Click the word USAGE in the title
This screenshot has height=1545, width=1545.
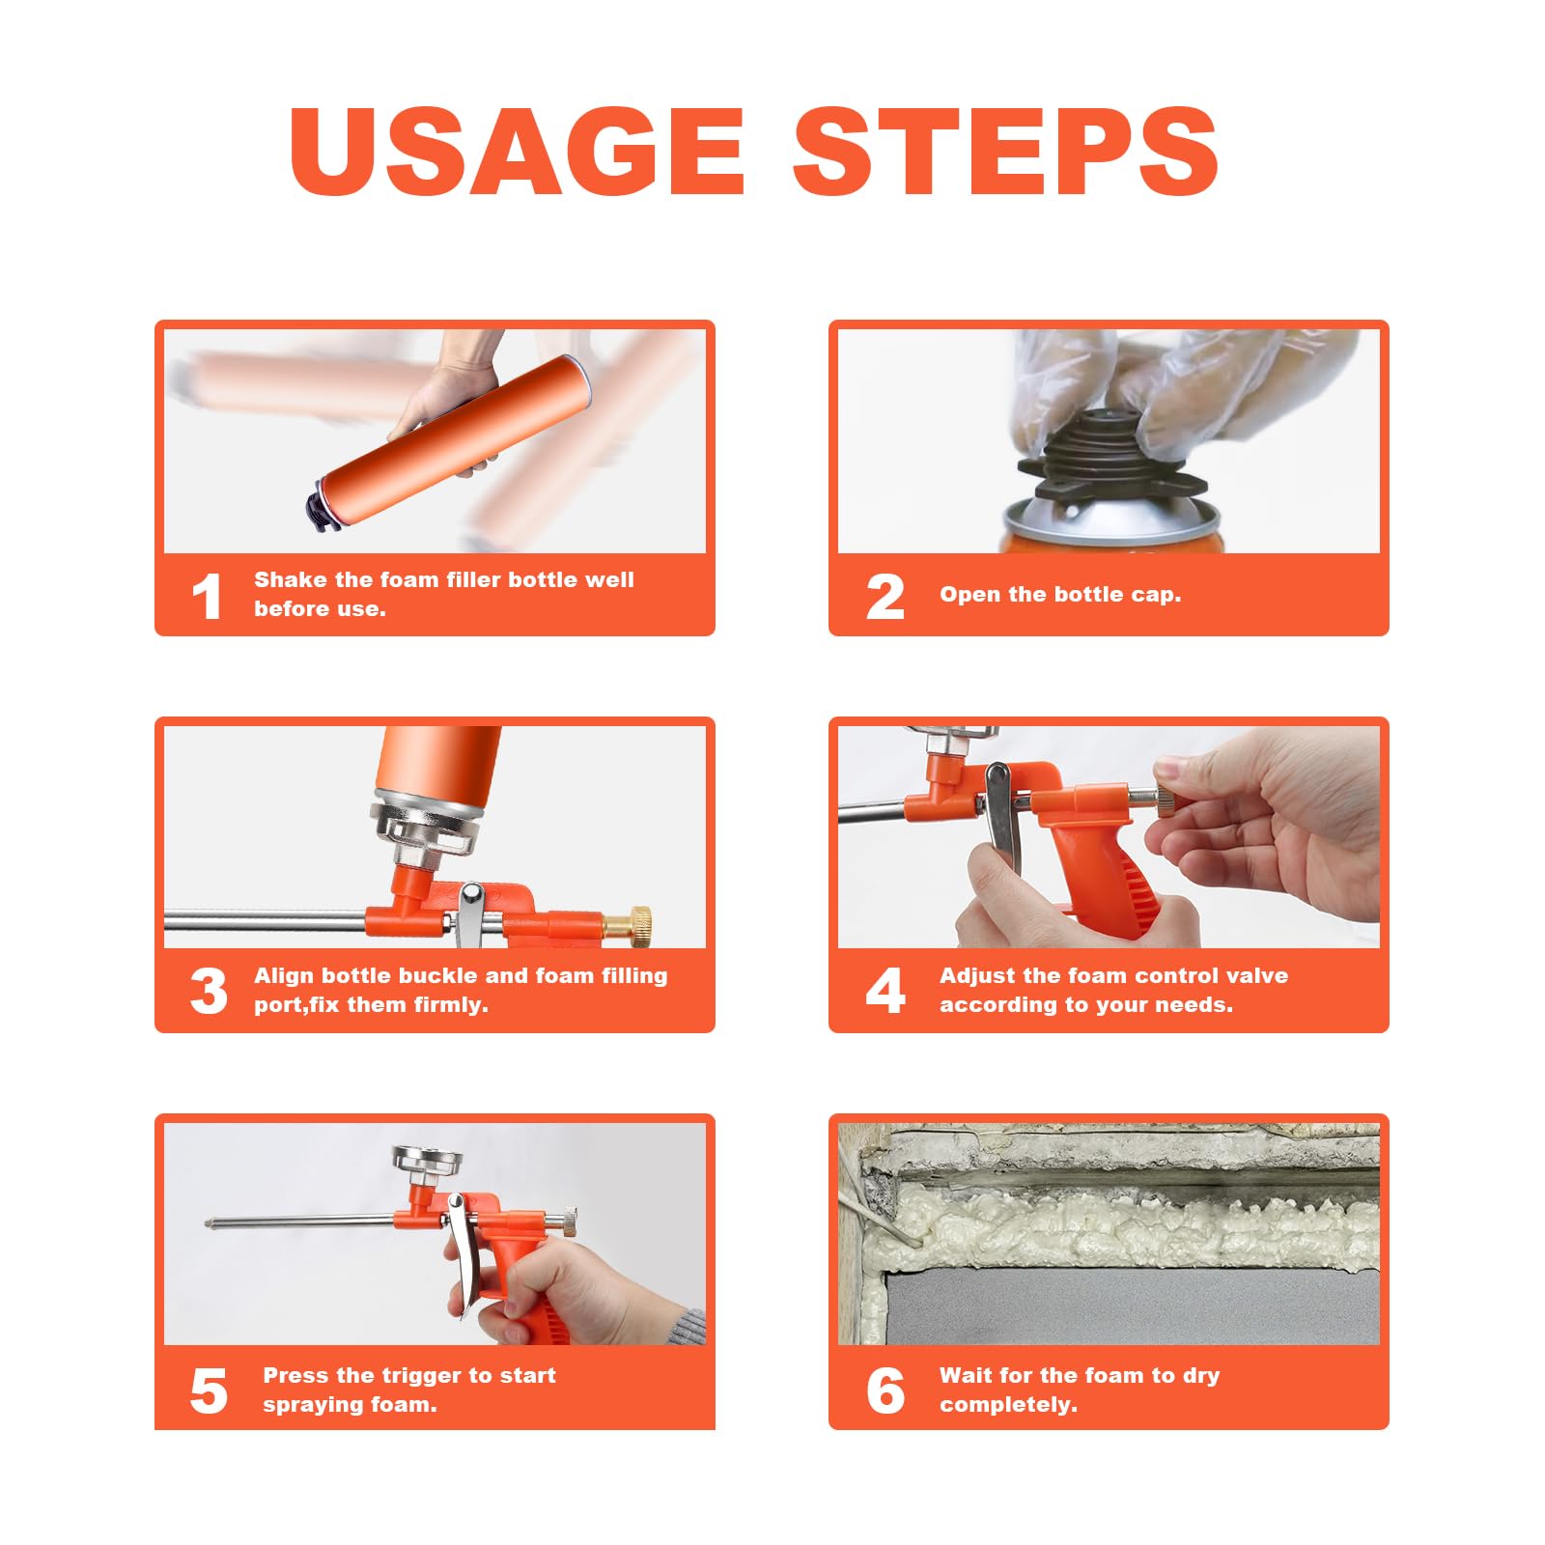(517, 151)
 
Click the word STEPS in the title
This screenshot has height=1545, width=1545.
(1005, 151)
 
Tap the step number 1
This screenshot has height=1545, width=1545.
(207, 597)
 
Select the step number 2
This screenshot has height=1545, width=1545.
(885, 597)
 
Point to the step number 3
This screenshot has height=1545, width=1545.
(209, 992)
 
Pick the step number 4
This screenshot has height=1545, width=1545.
(885, 992)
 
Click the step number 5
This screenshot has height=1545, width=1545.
(209, 1391)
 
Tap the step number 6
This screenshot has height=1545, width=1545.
(885, 1391)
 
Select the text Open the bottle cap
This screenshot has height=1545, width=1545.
(1060, 595)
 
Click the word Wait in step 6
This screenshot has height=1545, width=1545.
(966, 1375)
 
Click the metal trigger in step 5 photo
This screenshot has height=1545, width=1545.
(462, 1255)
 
